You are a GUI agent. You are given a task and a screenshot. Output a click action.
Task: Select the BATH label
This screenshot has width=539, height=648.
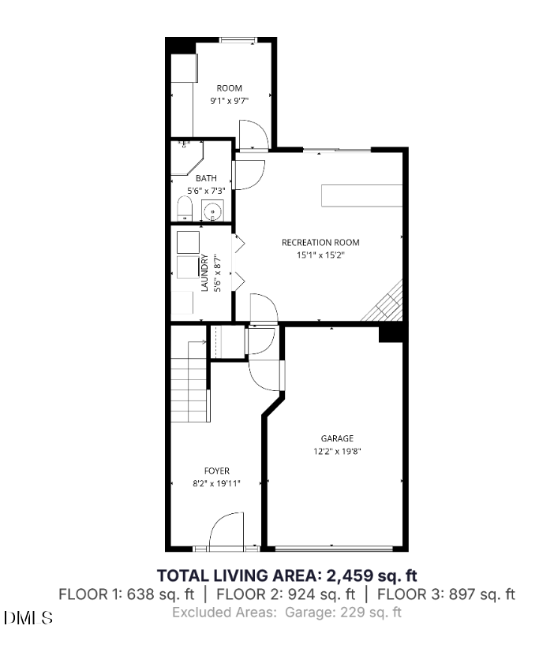tap(207, 178)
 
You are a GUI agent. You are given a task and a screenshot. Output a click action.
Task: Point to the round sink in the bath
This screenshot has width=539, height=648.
tap(212, 210)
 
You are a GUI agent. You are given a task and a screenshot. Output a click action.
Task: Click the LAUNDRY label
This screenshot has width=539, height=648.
tap(204, 273)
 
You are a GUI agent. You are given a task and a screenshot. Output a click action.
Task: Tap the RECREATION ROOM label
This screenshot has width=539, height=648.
tap(320, 242)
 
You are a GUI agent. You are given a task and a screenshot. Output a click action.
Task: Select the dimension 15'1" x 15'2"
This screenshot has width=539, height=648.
tap(320, 255)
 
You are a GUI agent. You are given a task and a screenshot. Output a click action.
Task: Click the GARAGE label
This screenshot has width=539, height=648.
tap(337, 438)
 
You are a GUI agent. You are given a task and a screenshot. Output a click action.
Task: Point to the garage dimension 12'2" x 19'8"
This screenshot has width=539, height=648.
tap(337, 451)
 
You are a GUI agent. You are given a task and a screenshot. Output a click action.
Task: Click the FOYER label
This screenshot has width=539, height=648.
tap(216, 471)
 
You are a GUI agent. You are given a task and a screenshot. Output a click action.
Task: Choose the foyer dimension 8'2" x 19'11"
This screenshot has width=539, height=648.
tap(216, 483)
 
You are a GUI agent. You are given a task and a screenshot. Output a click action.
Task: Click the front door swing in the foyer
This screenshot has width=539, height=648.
tap(227, 528)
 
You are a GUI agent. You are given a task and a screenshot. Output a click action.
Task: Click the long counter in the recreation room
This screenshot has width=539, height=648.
tap(361, 196)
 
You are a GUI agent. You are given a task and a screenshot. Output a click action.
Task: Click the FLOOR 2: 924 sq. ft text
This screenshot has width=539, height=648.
tap(286, 594)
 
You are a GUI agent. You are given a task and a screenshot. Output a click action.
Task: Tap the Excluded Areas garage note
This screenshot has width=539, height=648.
tap(286, 612)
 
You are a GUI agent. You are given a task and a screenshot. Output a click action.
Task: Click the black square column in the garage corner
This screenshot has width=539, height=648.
tap(391, 333)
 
